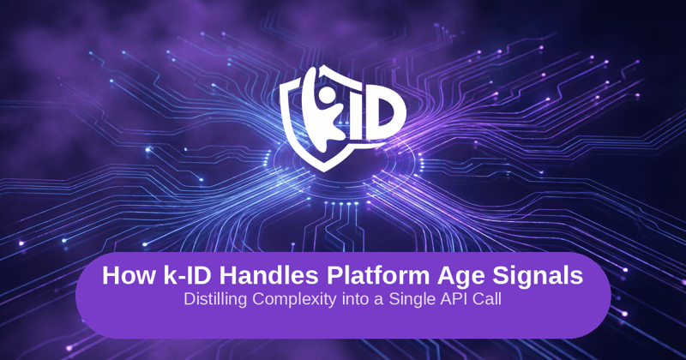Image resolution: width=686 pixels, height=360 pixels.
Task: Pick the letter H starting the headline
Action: (111, 277)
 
